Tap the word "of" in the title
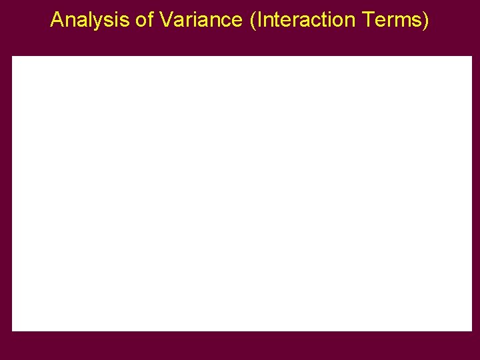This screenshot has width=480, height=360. (144, 20)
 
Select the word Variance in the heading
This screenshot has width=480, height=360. (201, 20)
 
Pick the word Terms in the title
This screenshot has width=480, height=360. (391, 20)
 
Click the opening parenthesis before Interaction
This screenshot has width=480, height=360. (253, 21)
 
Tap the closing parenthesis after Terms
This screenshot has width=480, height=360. (426, 21)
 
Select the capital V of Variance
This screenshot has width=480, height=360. (166, 20)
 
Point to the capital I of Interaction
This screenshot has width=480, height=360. (259, 20)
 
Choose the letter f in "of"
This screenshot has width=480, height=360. (149, 20)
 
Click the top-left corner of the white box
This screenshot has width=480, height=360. (13, 57)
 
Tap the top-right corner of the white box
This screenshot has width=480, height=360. (471, 57)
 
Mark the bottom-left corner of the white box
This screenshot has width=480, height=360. (13, 330)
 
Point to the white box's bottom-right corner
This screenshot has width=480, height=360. (471, 330)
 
